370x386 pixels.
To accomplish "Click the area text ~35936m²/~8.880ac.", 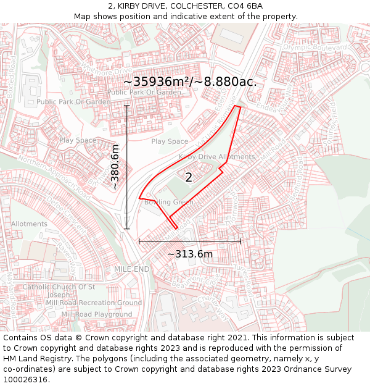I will (x=190, y=82).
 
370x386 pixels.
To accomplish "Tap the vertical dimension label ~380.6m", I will (x=115, y=167).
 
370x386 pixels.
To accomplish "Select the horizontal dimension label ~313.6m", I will (x=190, y=254).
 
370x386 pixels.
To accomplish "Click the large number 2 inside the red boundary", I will (x=189, y=178).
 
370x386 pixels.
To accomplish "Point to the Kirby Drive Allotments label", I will (x=216, y=157).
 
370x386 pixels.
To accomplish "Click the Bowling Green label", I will (x=168, y=202).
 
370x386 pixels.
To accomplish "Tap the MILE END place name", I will (x=131, y=270).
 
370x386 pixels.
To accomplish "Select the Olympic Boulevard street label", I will (x=315, y=48).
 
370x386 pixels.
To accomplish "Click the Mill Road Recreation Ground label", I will (x=94, y=303).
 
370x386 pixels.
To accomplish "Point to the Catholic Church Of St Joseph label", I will (x=59, y=290).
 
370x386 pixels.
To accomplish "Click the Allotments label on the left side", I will (x=29, y=224).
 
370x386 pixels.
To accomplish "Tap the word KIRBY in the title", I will (x=134, y=6).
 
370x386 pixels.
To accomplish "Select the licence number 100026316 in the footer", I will (x=25, y=380).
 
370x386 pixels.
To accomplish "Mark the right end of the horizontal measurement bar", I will (x=241, y=241).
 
